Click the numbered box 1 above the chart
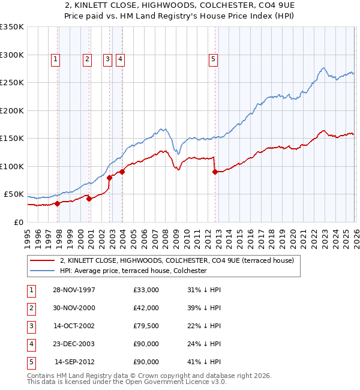coord(55,59)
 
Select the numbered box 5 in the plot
coord(214,59)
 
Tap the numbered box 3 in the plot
coord(107,59)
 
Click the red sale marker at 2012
coord(215,172)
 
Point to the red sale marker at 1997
coord(58,203)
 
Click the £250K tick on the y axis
coord(12,82)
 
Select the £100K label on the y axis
coord(12,166)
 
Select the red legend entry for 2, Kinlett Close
coord(176,260)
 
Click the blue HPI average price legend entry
coord(133,271)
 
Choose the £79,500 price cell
coord(146,326)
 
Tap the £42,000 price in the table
coord(146,308)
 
